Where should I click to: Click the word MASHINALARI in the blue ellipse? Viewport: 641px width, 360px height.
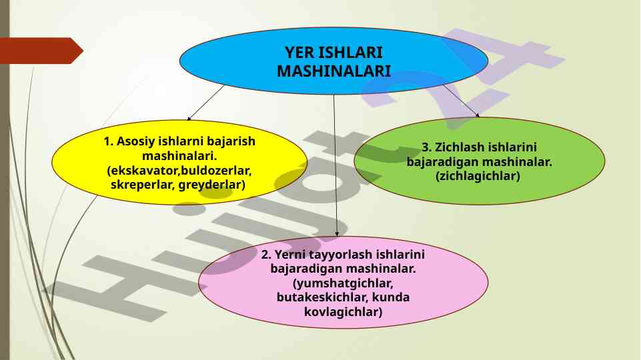[334, 71]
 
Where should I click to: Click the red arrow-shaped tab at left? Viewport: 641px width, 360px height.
[41, 51]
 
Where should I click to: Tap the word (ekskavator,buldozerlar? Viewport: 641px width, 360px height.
[179, 171]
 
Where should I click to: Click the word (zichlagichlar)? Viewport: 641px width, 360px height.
[478, 176]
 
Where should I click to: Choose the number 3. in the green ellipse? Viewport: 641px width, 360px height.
[426, 147]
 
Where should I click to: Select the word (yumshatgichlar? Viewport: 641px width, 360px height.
[343, 283]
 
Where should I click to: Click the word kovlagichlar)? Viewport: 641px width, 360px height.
[343, 312]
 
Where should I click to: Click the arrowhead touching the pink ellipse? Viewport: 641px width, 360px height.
[337, 234]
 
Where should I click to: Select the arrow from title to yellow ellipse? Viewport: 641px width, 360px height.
[205, 103]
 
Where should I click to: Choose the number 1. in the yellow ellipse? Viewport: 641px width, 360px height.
[108, 141]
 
